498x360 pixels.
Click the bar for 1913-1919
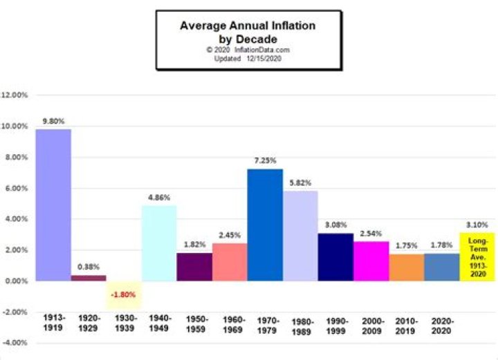53,205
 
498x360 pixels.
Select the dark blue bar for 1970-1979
265,225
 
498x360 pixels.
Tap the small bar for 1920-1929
89,278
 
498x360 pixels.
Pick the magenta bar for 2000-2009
371,260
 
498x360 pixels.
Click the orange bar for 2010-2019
406,267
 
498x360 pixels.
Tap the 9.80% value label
53,121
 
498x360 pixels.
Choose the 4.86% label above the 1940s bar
159,197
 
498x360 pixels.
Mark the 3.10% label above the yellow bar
477,225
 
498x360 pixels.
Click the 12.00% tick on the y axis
15,95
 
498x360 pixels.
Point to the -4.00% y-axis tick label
15,343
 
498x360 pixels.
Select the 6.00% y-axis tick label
15,188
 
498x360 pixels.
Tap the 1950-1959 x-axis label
194,325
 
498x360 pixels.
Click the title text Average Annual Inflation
247,26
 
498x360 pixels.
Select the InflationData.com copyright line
247,50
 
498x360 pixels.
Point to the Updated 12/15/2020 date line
247,58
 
